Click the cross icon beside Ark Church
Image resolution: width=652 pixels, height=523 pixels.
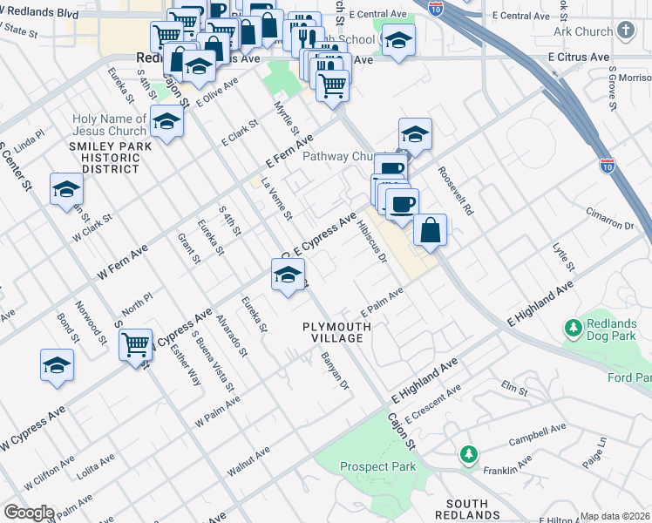(625, 31)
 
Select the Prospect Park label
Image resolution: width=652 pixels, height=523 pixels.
(377, 467)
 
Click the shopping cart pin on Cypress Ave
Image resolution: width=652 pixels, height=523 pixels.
(135, 345)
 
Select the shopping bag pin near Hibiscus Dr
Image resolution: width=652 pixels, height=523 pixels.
(430, 231)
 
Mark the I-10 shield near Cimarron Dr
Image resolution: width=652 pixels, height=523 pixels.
(607, 165)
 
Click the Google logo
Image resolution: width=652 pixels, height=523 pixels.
(29, 513)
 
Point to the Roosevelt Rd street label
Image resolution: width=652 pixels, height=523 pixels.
(455, 191)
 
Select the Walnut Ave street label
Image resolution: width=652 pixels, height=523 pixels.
(248, 461)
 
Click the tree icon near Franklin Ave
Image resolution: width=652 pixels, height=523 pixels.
(469, 454)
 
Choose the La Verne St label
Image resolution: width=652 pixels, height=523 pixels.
(276, 198)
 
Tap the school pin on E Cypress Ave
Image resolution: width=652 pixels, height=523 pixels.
(288, 275)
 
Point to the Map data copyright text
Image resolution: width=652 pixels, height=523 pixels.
(615, 516)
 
